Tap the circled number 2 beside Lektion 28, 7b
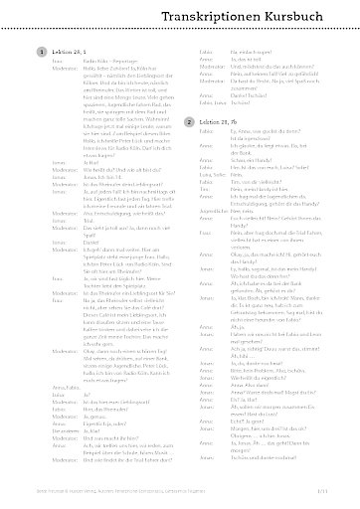(x=190, y=121)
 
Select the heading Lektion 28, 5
(x=61, y=50)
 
